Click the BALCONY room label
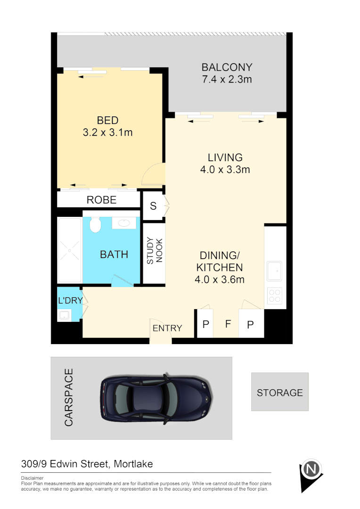pos(227,67)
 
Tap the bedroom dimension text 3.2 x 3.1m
pos(107,133)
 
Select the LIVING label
pos(225,157)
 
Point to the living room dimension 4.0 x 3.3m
pos(225,170)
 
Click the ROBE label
pos(101,200)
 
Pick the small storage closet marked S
pos(153,206)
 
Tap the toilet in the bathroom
pos(96,224)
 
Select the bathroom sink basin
pos(125,222)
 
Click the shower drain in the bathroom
pos(70,251)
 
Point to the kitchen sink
pos(274,271)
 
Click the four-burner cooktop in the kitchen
pos(274,295)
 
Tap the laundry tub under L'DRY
pos(64,315)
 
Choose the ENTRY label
pos(167,328)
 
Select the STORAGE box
pos(279,392)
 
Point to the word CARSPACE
pos(69,398)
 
